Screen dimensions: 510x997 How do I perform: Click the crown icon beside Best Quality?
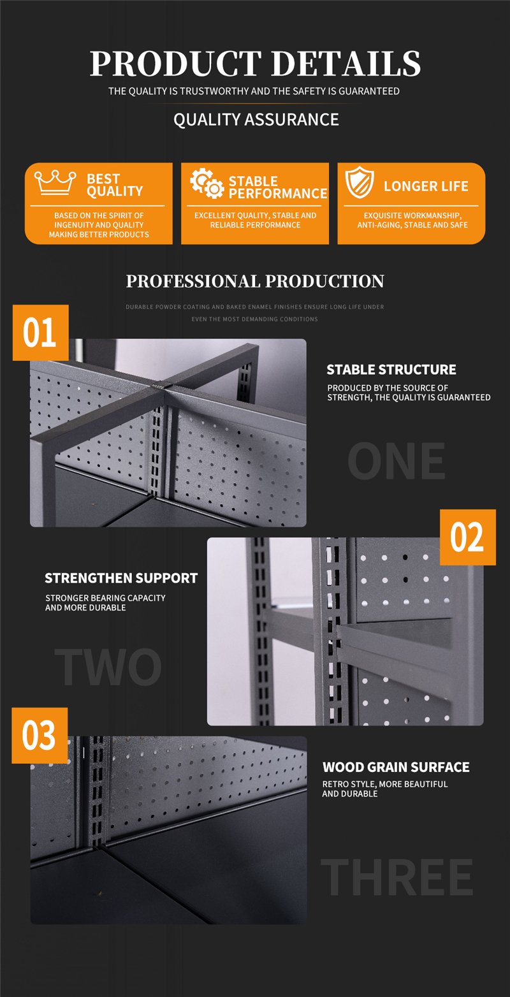55,182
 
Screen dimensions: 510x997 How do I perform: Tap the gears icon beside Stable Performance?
207,183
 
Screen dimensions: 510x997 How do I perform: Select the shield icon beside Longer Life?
360,182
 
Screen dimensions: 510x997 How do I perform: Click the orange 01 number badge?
41,333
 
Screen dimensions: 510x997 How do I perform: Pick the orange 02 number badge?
468,537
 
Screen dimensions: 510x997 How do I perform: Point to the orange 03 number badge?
40,735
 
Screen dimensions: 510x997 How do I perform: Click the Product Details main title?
255,63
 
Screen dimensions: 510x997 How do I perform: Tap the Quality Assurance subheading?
256,119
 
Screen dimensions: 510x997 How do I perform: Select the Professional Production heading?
255,281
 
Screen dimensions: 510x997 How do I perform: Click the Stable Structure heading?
391,370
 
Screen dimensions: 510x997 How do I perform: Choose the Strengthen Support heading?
121,578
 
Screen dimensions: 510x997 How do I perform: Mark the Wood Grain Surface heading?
396,767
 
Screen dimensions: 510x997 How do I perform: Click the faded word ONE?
396,461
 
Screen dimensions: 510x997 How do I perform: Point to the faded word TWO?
108,666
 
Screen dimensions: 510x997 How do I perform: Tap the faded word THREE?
397,877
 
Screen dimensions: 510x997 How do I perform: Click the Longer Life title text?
426,186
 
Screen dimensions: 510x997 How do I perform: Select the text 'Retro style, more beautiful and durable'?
385,789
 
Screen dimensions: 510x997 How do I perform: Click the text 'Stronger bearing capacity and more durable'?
105,602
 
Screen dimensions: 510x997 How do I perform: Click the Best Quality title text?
114,185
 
